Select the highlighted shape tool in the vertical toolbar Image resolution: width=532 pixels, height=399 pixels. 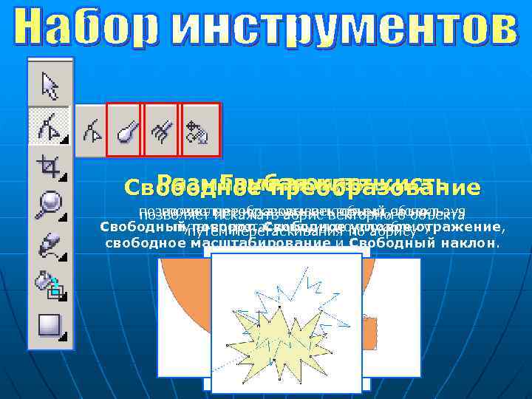tap(50, 126)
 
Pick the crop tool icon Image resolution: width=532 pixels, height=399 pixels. tap(50, 167)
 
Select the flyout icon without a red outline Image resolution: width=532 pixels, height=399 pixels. tap(92, 130)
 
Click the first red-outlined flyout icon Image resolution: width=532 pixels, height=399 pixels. tap(125, 130)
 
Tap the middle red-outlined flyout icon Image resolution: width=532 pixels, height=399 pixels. tap(162, 130)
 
